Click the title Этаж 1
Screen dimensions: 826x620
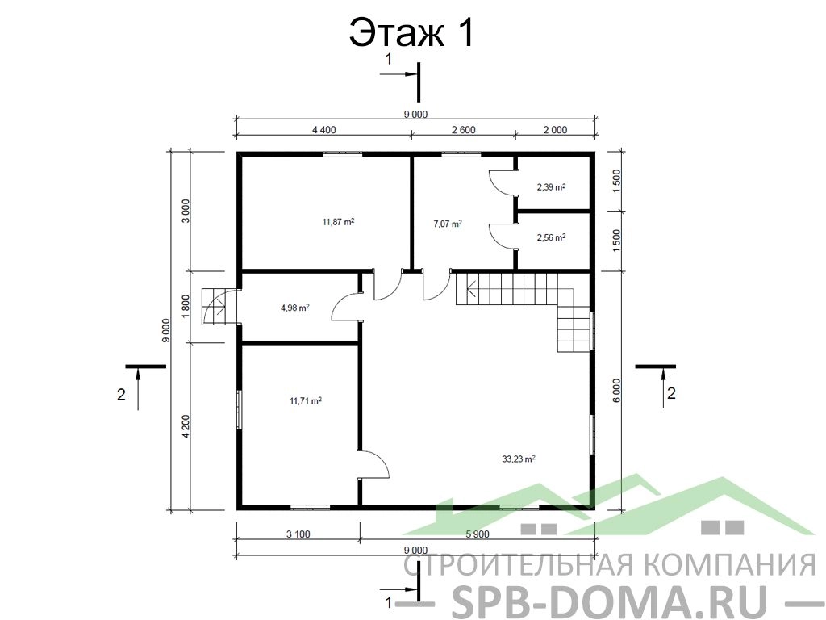[412, 32]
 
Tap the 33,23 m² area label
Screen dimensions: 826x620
[519, 459]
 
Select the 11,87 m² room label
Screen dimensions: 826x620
[338, 222]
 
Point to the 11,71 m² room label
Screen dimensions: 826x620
[306, 400]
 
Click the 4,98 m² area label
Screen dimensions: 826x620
[295, 308]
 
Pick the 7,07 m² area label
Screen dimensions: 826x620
[447, 224]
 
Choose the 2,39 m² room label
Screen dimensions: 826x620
[551, 186]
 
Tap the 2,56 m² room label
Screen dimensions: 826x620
[551, 237]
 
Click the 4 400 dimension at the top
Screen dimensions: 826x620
[324, 130]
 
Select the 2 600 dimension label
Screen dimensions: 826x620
[464, 130]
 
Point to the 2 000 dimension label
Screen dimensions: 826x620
[555, 130]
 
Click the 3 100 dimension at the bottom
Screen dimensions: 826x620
[298, 534]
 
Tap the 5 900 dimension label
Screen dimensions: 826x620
[478, 534]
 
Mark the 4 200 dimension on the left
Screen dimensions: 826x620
[185, 427]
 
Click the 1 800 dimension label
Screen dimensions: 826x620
[185, 307]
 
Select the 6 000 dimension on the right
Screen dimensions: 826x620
[616, 391]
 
